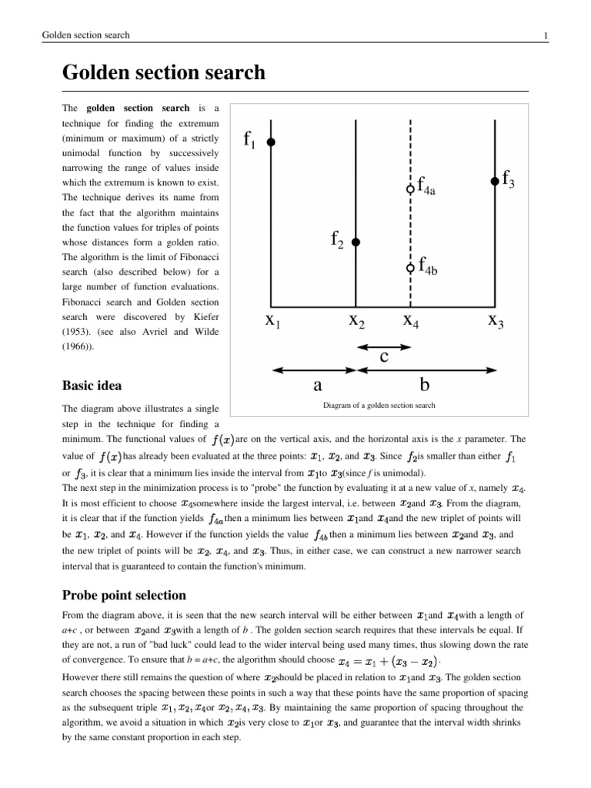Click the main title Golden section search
(163, 73)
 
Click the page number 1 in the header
(545, 35)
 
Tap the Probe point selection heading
(124, 596)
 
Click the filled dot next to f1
(271, 142)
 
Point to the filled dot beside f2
(356, 242)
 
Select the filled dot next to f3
(494, 182)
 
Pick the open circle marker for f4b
(410, 268)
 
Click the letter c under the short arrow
(384, 357)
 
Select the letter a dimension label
(316, 382)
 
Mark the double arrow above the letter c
(383, 345)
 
